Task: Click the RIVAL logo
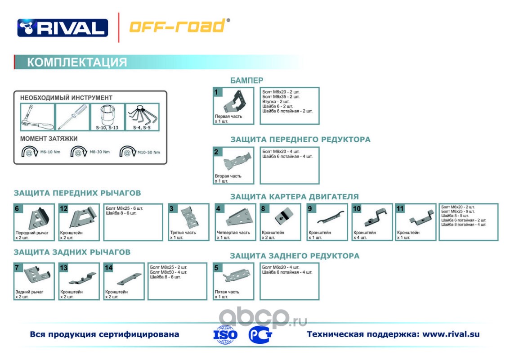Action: tap(63, 27)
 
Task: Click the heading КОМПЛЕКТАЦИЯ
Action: tap(77, 62)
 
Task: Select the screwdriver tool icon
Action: tap(72, 117)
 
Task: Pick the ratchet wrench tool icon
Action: tap(37, 117)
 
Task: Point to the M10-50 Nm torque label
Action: tap(148, 152)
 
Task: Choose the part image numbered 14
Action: tap(124, 279)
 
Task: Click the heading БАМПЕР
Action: tap(246, 81)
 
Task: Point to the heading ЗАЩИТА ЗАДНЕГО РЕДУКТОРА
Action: tap(295, 256)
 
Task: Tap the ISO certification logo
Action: tap(224, 334)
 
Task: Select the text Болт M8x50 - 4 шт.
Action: tap(168, 272)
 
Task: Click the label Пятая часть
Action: tap(227, 292)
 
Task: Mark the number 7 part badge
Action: tap(17, 268)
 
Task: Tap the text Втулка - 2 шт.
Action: tap(276, 101)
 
